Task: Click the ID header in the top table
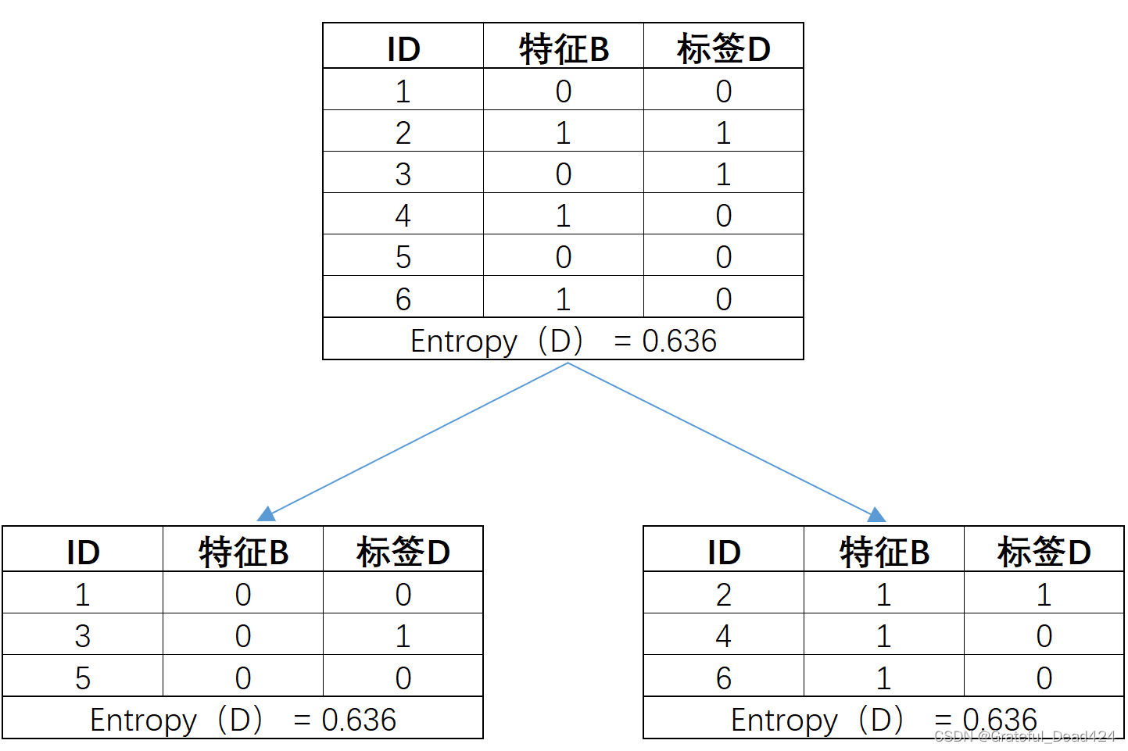click(403, 49)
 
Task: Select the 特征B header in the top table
click(564, 49)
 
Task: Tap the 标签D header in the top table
click(723, 49)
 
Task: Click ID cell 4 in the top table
click(403, 216)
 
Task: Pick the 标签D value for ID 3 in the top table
click(723, 174)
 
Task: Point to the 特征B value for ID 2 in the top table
click(564, 133)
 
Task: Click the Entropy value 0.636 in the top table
click(679, 341)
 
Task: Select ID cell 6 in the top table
click(403, 299)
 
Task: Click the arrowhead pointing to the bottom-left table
click(267, 514)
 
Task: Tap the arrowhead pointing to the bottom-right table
click(877, 514)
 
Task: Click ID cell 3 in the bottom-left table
click(83, 636)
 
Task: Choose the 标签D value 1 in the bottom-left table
click(403, 636)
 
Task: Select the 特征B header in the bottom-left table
click(243, 553)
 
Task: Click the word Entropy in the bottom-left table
click(143, 720)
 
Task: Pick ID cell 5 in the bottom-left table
click(83, 678)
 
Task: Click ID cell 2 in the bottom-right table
click(724, 595)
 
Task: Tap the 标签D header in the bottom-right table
click(1044, 553)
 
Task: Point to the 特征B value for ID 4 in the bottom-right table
click(884, 636)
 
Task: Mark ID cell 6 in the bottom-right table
click(724, 678)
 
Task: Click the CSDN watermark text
click(1024, 736)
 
